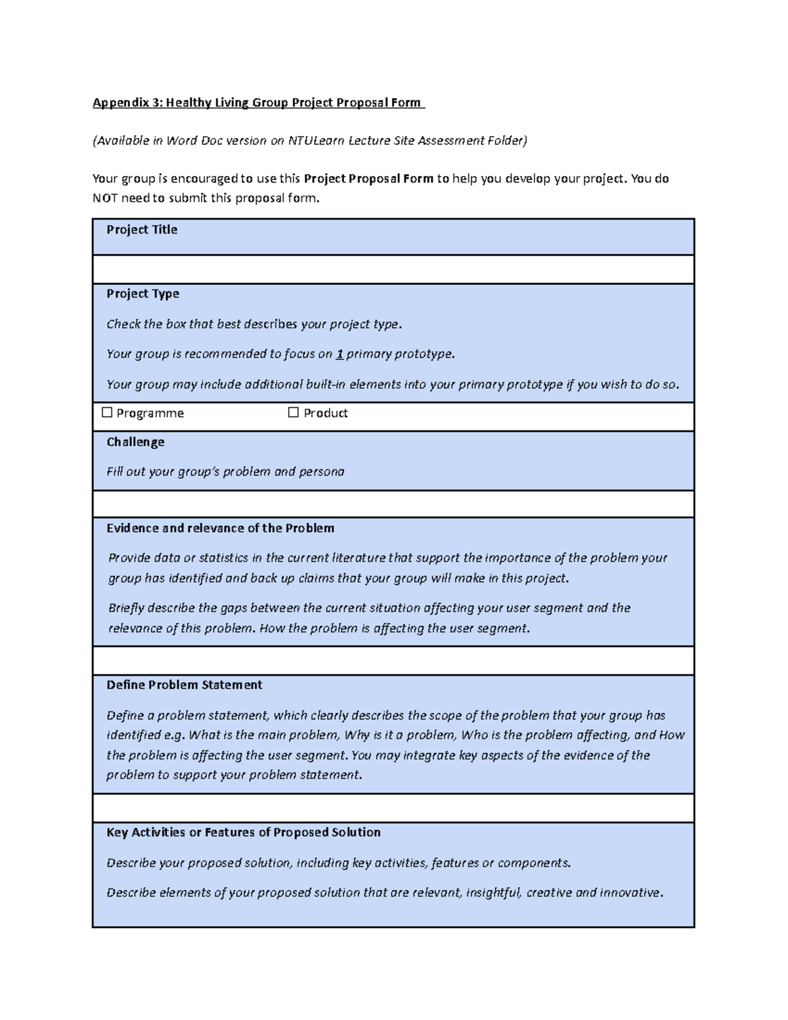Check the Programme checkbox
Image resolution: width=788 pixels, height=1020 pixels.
pyautogui.click(x=107, y=412)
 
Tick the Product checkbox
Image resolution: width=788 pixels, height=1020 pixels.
pyautogui.click(x=293, y=412)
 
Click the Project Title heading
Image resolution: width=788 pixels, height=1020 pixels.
pyautogui.click(x=142, y=229)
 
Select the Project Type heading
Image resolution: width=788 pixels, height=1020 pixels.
pyautogui.click(x=142, y=294)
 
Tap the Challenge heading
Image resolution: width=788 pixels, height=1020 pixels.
pyautogui.click(x=135, y=442)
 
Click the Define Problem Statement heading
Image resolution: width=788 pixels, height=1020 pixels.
pyautogui.click(x=184, y=684)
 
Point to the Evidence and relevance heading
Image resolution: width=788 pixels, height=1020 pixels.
pyautogui.click(x=220, y=528)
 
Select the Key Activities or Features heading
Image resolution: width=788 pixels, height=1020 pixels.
pyautogui.click(x=243, y=832)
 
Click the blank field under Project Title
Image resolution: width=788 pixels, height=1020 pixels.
pyautogui.click(x=393, y=269)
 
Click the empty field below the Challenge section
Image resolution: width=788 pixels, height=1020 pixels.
pyautogui.click(x=393, y=504)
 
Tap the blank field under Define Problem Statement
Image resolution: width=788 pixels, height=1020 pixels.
pyautogui.click(x=393, y=808)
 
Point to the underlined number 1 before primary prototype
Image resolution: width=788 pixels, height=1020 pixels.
pyautogui.click(x=339, y=354)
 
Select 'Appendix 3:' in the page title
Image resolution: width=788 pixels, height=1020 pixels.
pyautogui.click(x=127, y=102)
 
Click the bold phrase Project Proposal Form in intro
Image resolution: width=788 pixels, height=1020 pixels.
pyautogui.click(x=368, y=179)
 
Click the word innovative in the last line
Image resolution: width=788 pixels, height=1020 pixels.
pyautogui.click(x=630, y=893)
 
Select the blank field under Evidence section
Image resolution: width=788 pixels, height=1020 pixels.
pyautogui.click(x=393, y=660)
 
